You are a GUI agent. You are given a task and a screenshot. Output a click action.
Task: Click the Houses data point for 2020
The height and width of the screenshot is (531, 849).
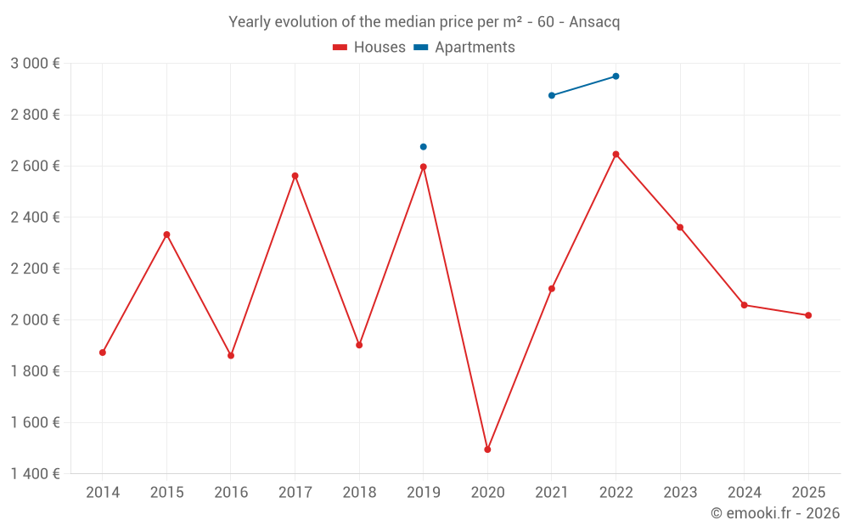tap(487, 449)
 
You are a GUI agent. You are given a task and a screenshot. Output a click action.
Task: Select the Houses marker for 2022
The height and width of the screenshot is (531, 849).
tap(616, 155)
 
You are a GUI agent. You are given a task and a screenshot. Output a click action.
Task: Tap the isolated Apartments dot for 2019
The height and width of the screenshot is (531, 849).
tap(424, 147)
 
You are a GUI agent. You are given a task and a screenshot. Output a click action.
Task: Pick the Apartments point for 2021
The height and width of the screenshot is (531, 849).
tap(552, 95)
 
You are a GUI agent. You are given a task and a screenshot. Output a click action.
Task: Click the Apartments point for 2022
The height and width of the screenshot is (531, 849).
tap(616, 76)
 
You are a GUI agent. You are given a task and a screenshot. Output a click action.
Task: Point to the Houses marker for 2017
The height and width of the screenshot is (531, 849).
tap(295, 176)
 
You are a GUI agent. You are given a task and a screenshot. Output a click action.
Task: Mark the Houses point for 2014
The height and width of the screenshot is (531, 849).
tap(103, 353)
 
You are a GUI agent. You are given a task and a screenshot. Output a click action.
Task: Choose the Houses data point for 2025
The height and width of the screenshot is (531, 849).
tap(808, 315)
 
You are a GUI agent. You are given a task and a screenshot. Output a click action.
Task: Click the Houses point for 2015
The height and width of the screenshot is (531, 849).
tap(166, 234)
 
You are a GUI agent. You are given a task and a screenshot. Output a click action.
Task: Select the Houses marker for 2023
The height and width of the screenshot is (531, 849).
tap(680, 228)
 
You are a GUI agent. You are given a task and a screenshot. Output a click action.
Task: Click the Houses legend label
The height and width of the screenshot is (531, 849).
tap(380, 48)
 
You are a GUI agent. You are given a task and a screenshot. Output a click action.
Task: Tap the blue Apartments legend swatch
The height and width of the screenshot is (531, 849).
tap(420, 48)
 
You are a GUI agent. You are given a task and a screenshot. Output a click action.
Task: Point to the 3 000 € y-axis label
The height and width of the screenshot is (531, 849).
tap(35, 64)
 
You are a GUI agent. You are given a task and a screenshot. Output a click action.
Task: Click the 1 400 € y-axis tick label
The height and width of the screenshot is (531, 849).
tap(35, 474)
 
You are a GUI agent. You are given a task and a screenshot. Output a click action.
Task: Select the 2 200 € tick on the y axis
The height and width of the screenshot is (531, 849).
tap(35, 269)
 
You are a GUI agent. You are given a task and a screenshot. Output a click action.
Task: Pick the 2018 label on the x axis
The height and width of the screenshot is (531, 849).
tap(359, 493)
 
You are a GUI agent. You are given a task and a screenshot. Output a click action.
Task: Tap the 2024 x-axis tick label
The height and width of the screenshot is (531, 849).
tap(744, 493)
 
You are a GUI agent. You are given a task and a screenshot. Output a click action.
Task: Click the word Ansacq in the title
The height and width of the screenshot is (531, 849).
tap(594, 22)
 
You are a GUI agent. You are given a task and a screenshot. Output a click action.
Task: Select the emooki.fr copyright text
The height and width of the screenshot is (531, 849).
tap(775, 513)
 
